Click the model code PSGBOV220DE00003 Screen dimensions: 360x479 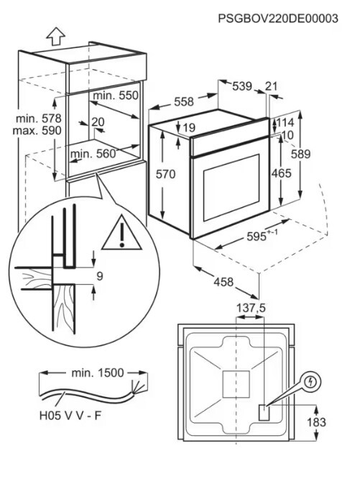tap(278, 18)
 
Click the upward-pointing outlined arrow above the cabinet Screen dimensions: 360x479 tap(56, 37)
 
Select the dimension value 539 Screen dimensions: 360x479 tap(242, 86)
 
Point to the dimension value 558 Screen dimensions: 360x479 tap(184, 101)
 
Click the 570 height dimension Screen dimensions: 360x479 tap(166, 174)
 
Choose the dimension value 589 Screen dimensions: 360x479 tap(300, 154)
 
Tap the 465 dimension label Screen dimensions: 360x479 tap(282, 173)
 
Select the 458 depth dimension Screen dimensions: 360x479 tap(223, 282)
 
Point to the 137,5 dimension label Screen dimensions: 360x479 tap(251, 308)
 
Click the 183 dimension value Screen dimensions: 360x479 tap(316, 422)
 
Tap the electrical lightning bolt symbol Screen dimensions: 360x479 tap(311, 382)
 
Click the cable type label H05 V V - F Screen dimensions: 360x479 tap(70, 416)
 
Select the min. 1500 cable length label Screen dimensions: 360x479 tap(98, 373)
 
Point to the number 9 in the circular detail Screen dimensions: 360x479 tap(100, 276)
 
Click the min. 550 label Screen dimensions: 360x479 tap(116, 96)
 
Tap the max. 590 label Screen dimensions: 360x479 tap(37, 130)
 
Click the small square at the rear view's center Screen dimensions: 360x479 tap(236, 385)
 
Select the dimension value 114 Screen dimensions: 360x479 tap(285, 122)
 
